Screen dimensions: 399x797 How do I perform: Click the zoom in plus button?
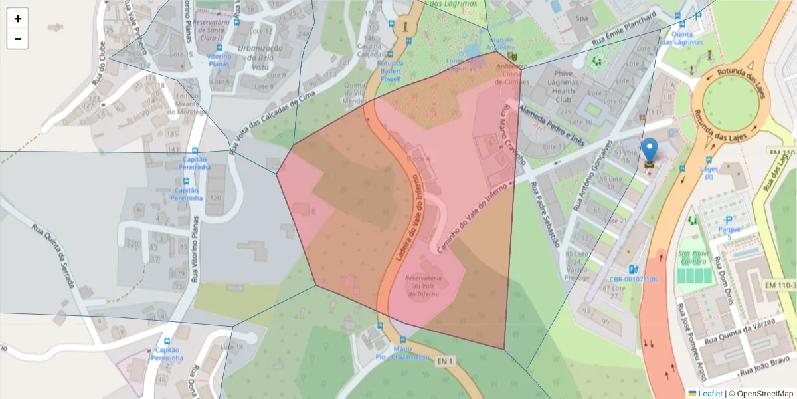coord(18,19)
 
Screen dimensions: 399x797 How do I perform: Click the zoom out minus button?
coord(18,39)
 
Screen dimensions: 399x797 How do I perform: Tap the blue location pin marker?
coord(650,151)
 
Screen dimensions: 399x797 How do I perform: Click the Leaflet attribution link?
coord(705,394)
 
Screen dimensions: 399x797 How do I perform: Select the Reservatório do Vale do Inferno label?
coord(431,285)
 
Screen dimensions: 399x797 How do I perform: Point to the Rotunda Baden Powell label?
coord(390,70)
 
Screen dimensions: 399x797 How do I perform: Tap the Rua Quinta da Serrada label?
coord(53,256)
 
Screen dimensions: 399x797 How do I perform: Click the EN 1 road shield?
coord(446,361)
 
